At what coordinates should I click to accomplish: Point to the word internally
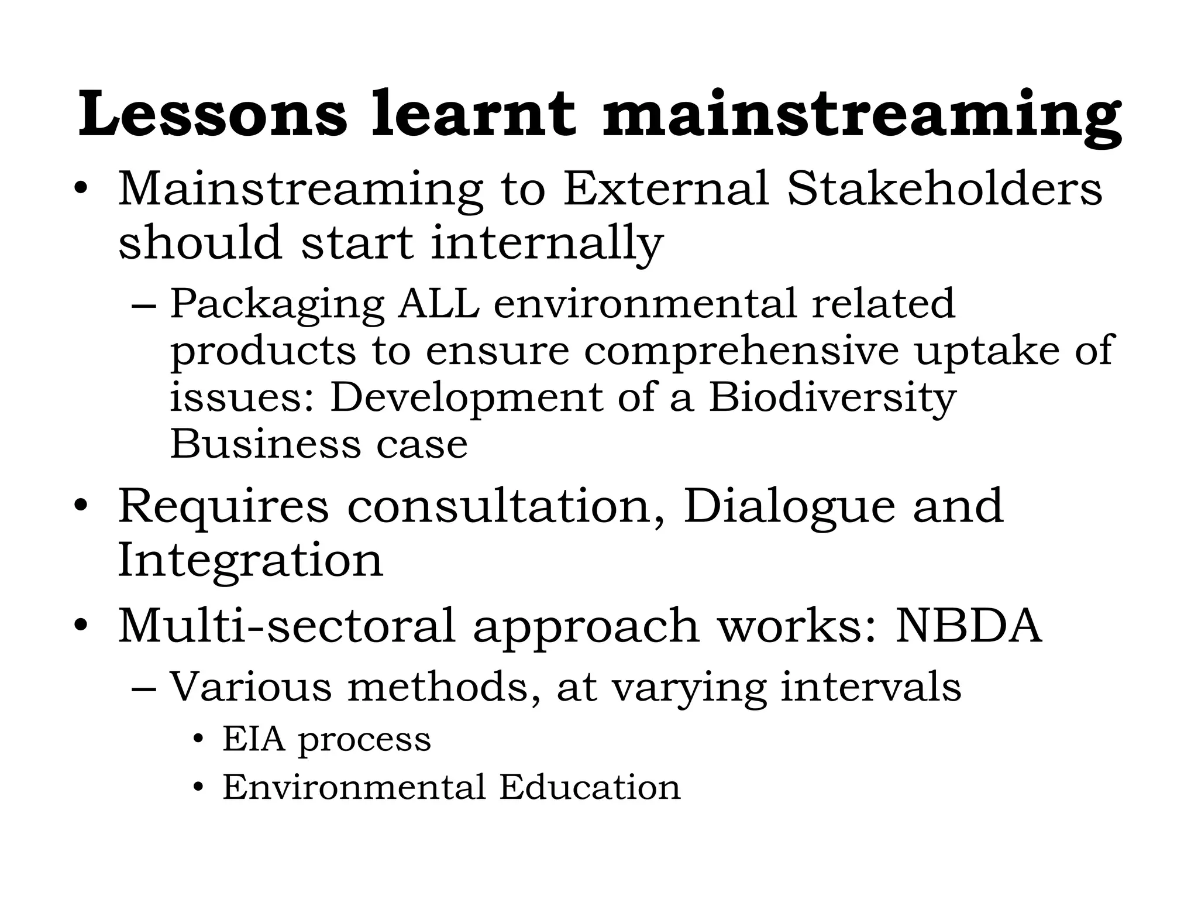click(x=546, y=243)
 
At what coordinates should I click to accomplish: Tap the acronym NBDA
click(x=969, y=625)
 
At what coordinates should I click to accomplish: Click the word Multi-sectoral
click(x=287, y=625)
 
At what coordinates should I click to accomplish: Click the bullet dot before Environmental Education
click(x=199, y=788)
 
